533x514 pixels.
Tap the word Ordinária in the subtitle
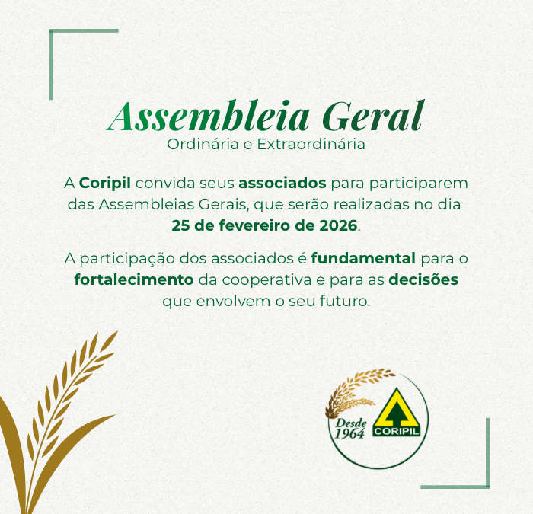[x=198, y=144]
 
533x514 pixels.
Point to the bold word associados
[x=282, y=184]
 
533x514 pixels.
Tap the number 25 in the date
[x=181, y=225]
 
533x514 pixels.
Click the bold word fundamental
[x=363, y=259]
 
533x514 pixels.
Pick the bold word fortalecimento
[x=133, y=279]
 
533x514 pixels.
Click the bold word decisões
[x=423, y=279]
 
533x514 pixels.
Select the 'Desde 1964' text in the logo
[x=350, y=429]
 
